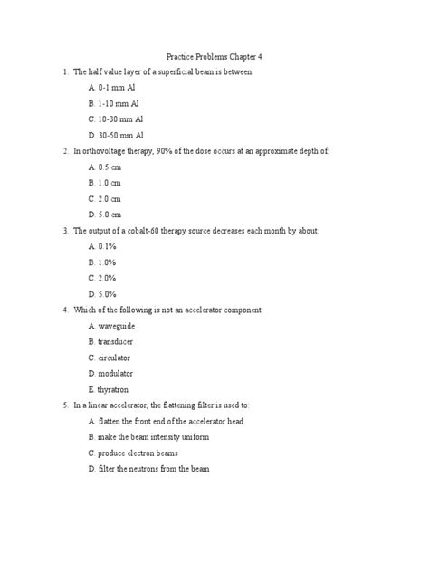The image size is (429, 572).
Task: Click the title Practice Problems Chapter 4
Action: (214, 55)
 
